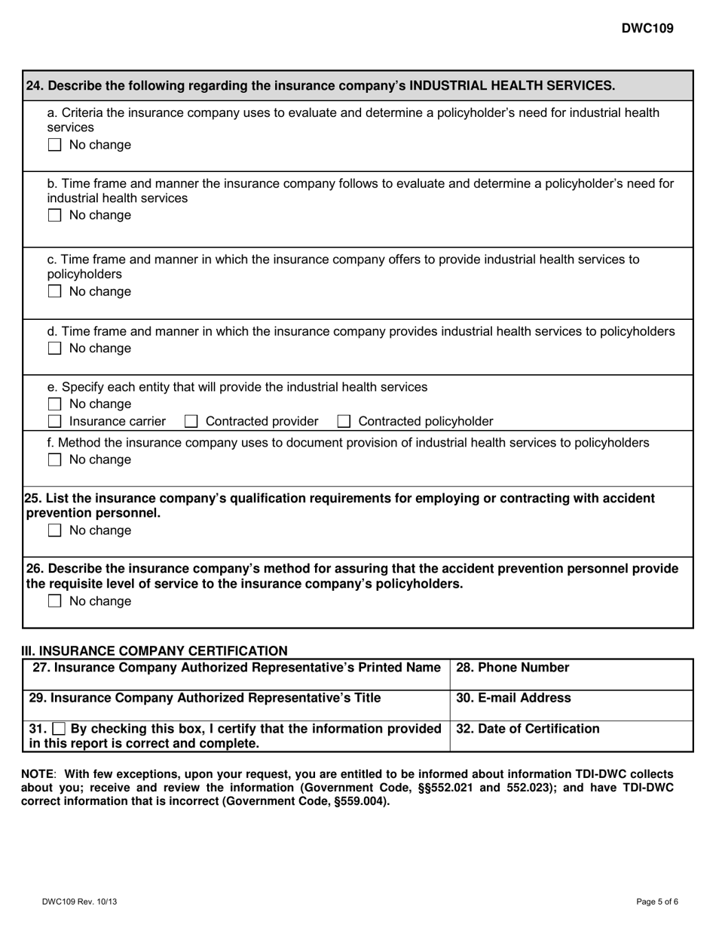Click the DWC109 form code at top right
[647, 29]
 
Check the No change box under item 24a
[54, 145]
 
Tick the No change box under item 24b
[54, 216]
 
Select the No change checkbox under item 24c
[54, 292]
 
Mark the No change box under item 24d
[54, 349]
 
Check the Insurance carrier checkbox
[54, 421]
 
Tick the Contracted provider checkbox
[191, 421]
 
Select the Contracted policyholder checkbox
[344, 421]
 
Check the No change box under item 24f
[54, 460]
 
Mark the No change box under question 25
[54, 531]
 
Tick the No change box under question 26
[54, 602]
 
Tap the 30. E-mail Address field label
[513, 699]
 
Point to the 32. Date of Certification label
[528, 730]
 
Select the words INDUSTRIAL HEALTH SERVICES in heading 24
[511, 86]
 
